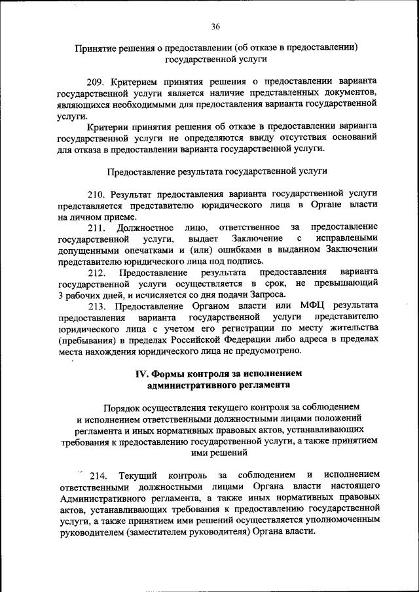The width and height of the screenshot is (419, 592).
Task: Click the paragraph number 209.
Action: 96,80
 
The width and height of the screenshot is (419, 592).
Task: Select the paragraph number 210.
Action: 96,195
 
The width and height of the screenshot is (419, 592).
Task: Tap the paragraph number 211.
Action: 96,227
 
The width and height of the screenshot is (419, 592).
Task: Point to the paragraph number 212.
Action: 96,272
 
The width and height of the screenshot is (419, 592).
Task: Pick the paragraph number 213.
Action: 96,305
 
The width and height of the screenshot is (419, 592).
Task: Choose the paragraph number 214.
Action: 100,474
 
